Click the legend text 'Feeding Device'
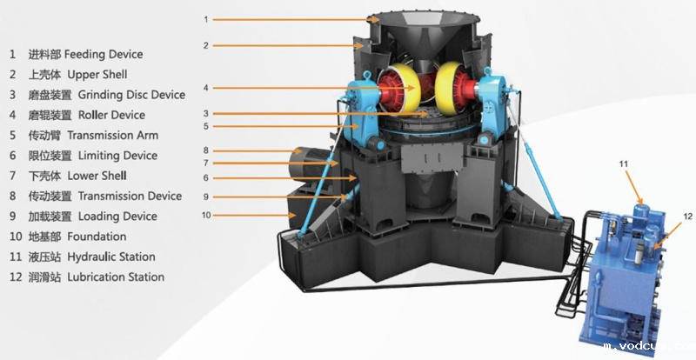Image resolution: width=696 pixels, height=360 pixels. [x=100, y=54]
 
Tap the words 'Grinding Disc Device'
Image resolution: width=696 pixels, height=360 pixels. [x=131, y=95]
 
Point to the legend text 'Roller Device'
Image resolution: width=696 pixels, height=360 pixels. [x=111, y=115]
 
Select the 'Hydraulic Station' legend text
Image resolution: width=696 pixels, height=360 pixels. [x=110, y=257]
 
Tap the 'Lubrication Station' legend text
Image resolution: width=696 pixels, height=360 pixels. [x=115, y=277]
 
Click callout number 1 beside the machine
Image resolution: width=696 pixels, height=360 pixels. [x=206, y=19]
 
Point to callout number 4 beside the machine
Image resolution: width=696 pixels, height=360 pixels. [x=206, y=88]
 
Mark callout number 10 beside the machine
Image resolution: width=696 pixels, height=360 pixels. [x=205, y=214]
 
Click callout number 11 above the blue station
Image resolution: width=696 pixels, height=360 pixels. [x=624, y=162]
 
